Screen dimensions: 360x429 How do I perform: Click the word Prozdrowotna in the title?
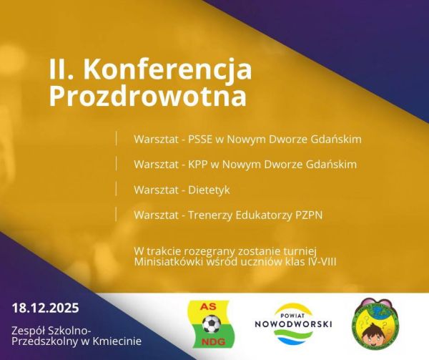point(147,94)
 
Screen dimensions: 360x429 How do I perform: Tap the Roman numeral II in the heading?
point(62,69)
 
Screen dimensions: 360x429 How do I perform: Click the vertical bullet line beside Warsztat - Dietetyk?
point(115,189)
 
